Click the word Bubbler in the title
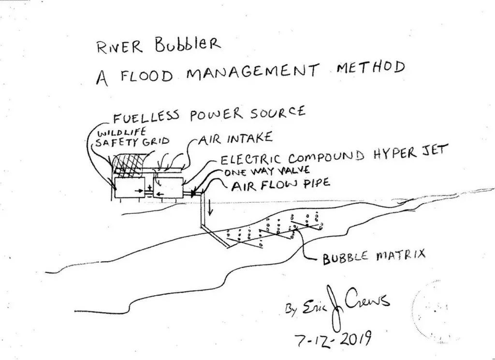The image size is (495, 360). coord(188,45)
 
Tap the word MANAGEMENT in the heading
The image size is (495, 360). coord(252,73)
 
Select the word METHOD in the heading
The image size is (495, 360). coord(370,68)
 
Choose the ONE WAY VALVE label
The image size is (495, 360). coord(267,172)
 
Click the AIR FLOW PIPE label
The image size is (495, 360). coord(281,185)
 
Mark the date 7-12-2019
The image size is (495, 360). coord(333,340)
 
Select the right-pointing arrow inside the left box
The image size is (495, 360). coord(139,191)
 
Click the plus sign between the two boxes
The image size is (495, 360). coord(149,189)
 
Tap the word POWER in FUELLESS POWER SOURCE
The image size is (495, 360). coord(217,115)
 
